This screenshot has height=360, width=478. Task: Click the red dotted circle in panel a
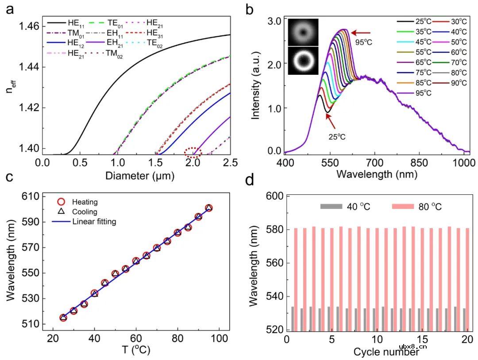[x=193, y=153]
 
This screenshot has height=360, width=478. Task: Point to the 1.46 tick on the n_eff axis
[x=29, y=26]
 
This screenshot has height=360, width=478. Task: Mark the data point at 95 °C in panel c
[x=209, y=208]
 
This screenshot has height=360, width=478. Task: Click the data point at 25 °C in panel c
[x=63, y=317]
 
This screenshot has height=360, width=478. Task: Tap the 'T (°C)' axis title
[x=136, y=350]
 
